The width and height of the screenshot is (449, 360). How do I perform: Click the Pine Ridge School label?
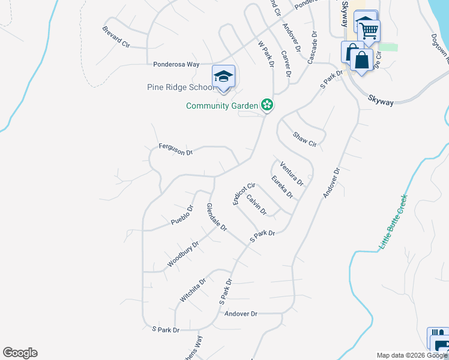click(x=179, y=87)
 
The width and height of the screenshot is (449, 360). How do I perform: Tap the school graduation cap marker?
click(x=223, y=77)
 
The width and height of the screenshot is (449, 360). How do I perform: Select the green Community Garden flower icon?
click(x=267, y=106)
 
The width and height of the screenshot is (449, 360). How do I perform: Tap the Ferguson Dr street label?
click(x=175, y=149)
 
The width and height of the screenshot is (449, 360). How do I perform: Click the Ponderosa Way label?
click(x=176, y=64)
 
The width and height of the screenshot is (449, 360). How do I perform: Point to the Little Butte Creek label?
click(x=394, y=222)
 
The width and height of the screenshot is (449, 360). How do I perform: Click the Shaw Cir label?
click(x=304, y=139)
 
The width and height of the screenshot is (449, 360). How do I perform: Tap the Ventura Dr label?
click(x=292, y=173)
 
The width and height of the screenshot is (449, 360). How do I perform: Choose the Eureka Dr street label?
click(x=282, y=187)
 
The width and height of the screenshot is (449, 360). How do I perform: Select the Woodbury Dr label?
click(x=182, y=254)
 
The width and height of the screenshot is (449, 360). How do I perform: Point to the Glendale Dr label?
click(x=217, y=217)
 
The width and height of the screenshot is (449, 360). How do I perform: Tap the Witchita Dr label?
click(x=193, y=290)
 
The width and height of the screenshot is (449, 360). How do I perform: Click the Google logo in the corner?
click(x=20, y=353)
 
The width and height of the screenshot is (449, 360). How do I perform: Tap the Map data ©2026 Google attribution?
click(x=412, y=355)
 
